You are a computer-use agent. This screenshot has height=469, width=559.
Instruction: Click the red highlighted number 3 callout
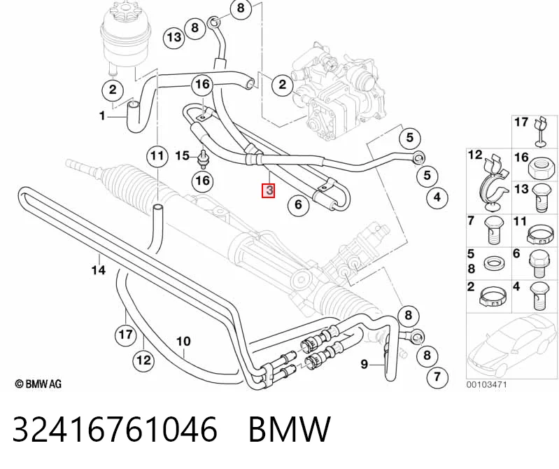coord(268,190)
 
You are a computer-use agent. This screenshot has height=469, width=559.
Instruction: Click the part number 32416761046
coord(115,428)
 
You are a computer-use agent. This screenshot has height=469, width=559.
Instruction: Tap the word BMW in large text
coord(290,428)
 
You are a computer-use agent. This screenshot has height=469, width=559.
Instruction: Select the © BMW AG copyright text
coord(38,384)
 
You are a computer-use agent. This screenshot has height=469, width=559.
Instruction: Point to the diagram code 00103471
coord(486,385)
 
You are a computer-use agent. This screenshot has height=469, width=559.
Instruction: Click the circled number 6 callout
coord(298,204)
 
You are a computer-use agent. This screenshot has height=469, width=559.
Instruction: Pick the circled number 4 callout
coord(437,197)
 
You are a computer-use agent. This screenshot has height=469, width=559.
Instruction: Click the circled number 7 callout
coord(437,377)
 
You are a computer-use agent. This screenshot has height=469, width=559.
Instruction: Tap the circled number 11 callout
coord(157,156)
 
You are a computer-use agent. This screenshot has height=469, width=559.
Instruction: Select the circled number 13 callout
coord(174,37)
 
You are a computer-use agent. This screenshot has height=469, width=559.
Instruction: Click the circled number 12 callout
coord(143,360)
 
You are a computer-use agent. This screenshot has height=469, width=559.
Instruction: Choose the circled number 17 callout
coord(125,335)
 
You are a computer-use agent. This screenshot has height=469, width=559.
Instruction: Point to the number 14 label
coord(99,270)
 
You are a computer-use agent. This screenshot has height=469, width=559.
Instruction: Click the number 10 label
coord(183,342)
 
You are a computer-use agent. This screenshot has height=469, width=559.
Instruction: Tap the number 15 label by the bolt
coord(182,156)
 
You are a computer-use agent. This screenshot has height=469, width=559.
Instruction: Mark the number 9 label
coord(364,364)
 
